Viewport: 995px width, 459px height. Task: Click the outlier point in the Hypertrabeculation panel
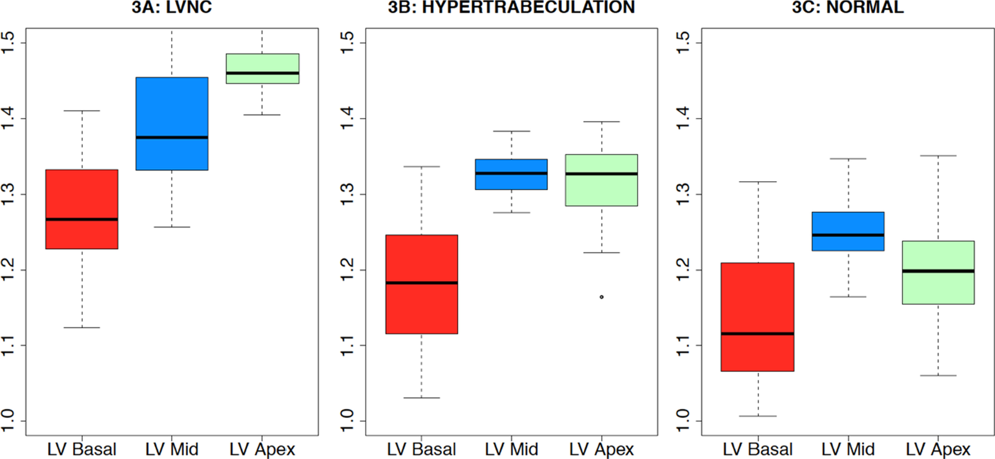tap(601, 297)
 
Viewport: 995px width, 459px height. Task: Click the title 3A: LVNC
tap(172, 7)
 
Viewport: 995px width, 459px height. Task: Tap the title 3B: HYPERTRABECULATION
tap(512, 7)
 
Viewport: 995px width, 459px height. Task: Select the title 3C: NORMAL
tap(848, 7)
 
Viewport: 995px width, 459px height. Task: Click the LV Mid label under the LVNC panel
tap(172, 449)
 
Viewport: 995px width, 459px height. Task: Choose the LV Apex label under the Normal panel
tap(938, 449)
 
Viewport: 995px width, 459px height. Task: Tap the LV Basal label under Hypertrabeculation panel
tap(422, 449)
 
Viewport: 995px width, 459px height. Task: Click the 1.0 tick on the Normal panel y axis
tap(683, 421)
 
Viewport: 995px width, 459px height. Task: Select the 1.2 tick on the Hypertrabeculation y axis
tap(348, 270)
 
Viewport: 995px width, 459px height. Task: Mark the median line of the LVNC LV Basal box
tap(82, 219)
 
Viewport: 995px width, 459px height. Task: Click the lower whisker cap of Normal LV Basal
tap(758, 416)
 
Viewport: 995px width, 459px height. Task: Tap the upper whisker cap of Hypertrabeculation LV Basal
tap(422, 166)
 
